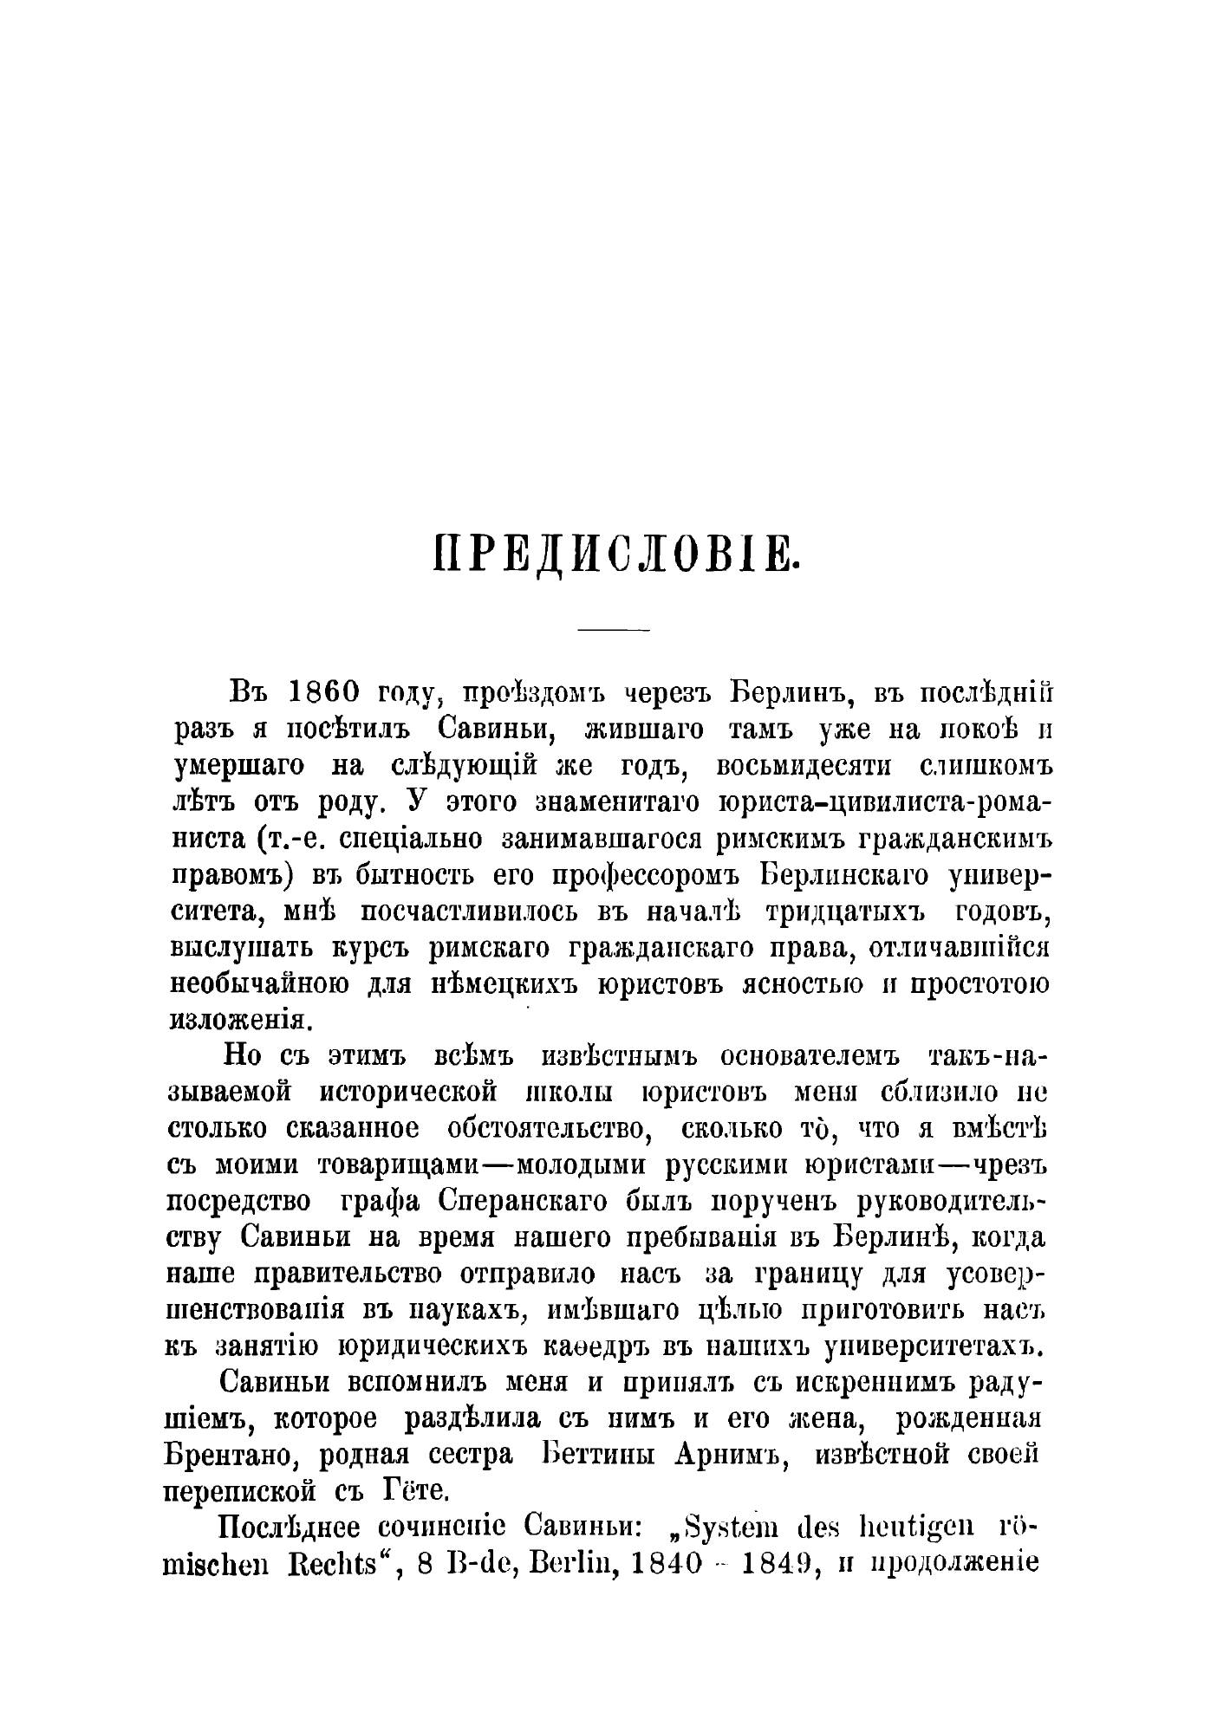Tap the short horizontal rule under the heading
pos(614,629)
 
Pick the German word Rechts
pos(337,1566)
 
